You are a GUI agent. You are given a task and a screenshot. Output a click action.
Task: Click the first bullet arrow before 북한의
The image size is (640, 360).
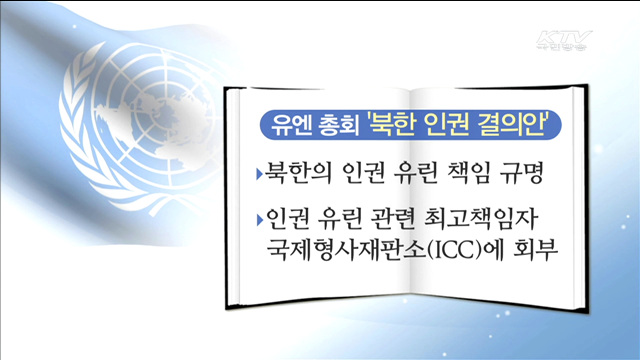pyautogui.click(x=258, y=175)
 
